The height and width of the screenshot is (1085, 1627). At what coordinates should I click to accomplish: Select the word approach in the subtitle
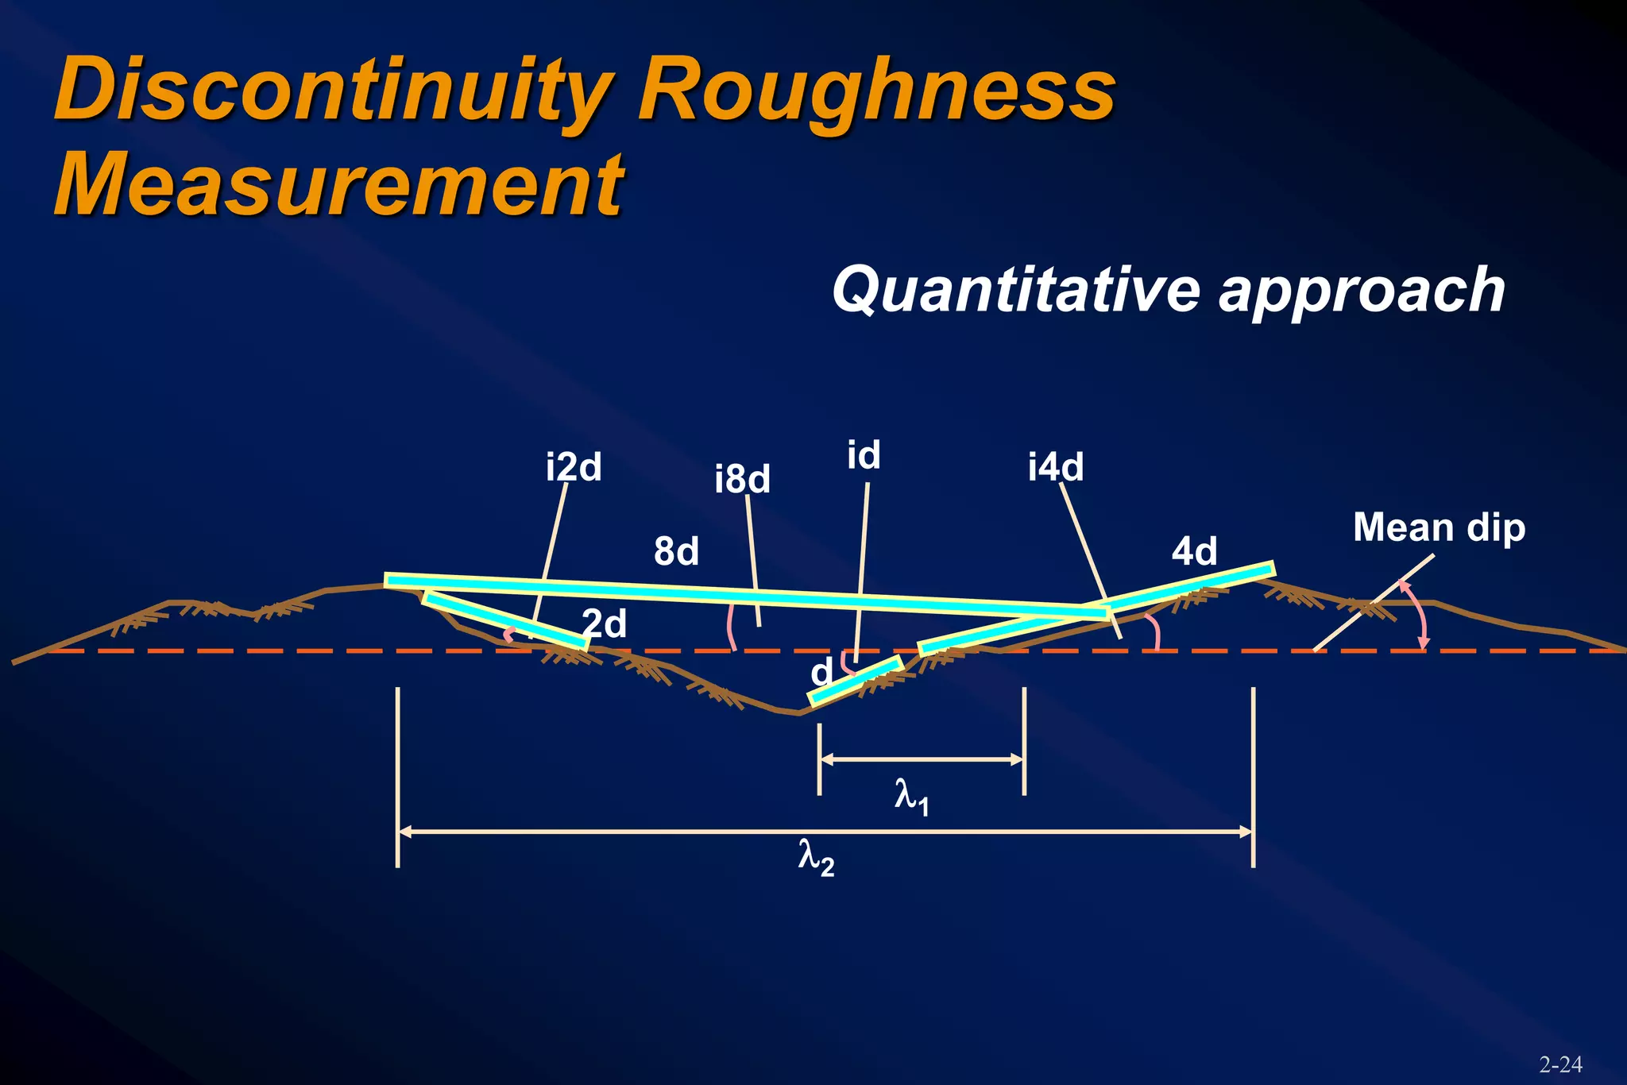(1362, 291)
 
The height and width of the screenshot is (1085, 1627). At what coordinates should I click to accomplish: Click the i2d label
(573, 467)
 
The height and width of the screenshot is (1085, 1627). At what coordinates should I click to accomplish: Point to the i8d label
(742, 480)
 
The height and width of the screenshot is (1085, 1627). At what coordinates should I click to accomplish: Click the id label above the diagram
(864, 456)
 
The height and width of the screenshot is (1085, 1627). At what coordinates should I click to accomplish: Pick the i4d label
(1055, 467)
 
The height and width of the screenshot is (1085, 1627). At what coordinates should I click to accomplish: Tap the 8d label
(676, 551)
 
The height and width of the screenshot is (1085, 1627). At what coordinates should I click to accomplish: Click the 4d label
(1194, 551)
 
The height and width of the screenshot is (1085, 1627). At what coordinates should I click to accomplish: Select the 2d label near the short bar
(604, 624)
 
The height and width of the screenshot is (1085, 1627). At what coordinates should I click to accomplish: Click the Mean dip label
(1439, 527)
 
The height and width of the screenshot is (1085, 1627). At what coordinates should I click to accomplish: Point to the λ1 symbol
(911, 796)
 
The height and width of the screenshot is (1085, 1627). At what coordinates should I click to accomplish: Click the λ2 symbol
(816, 858)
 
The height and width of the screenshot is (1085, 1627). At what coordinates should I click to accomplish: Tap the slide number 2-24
(1560, 1064)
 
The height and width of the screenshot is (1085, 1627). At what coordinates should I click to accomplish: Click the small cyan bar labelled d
(856, 682)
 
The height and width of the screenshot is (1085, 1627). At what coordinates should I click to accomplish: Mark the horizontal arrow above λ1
(922, 759)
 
